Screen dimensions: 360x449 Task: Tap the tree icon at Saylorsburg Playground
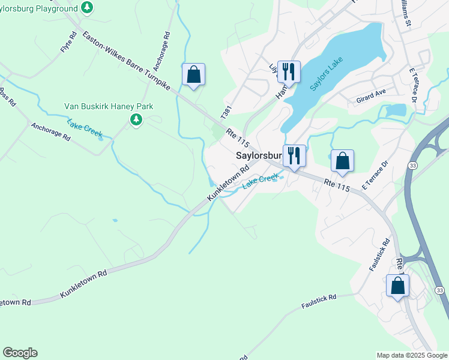(x=88, y=7)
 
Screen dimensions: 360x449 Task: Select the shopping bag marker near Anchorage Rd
(x=193, y=75)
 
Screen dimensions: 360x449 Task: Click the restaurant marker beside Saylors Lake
(x=289, y=72)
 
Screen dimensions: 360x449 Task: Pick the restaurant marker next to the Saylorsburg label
(x=294, y=156)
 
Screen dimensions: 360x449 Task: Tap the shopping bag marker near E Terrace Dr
(x=342, y=161)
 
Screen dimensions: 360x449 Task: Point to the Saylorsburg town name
(x=258, y=155)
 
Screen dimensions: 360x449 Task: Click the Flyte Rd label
(x=69, y=44)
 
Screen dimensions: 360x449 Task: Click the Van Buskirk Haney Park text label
(x=109, y=107)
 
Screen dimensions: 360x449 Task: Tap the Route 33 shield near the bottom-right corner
(x=440, y=290)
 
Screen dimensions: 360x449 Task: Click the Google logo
(x=20, y=353)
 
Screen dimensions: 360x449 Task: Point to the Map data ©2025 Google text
(x=411, y=355)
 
